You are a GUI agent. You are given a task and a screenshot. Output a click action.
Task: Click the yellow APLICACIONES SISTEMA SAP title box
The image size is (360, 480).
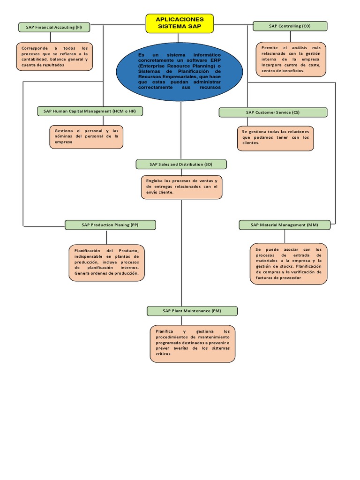[180, 23]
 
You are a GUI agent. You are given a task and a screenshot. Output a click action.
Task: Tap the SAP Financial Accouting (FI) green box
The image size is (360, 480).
[54, 27]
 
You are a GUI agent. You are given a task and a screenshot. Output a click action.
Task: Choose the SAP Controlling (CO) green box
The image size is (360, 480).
[290, 26]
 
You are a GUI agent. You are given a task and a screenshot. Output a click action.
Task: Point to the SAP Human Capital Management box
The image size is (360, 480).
[90, 111]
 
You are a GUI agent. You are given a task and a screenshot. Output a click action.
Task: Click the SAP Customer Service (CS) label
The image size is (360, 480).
[273, 112]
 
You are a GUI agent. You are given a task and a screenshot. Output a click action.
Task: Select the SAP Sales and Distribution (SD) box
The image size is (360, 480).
[181, 164]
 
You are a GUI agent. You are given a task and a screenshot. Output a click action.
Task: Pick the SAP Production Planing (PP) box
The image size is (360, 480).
[110, 225]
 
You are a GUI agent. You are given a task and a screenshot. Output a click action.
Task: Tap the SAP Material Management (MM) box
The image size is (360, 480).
[284, 225]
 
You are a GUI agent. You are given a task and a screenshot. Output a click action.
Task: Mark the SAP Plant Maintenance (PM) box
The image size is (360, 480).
[192, 311]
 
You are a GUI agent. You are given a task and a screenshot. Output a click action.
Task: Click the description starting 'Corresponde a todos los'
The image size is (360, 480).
[54, 57]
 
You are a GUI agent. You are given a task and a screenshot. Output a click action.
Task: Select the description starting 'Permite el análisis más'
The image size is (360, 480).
[291, 59]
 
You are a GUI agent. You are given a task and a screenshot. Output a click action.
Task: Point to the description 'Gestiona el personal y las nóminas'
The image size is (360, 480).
[86, 136]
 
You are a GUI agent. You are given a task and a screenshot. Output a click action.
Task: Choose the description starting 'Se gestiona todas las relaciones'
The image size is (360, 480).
[275, 138]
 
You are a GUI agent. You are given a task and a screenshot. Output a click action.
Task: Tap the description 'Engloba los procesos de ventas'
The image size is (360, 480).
[181, 187]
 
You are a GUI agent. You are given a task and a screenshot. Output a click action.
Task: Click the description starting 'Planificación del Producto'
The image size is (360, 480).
[106, 262]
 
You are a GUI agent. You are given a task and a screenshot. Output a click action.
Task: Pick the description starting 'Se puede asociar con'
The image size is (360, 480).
[289, 263]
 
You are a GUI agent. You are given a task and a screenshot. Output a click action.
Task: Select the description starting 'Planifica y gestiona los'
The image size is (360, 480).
[193, 343]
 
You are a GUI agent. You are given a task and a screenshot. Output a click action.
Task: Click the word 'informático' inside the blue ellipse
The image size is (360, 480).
[207, 55]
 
